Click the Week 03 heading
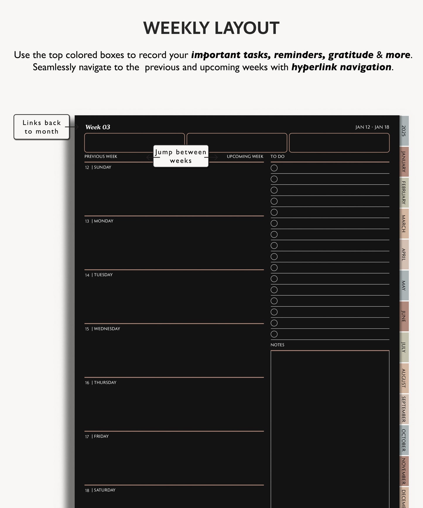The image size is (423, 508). click(x=98, y=127)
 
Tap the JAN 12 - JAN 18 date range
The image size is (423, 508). click(x=372, y=127)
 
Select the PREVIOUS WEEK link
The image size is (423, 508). click(x=101, y=156)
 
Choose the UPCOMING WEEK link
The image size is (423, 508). click(x=245, y=156)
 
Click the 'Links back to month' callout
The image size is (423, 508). click(x=42, y=127)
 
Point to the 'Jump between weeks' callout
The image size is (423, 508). click(x=181, y=156)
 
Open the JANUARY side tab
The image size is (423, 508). click(x=404, y=162)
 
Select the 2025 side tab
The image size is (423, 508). click(x=404, y=131)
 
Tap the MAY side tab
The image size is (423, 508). click(x=404, y=285)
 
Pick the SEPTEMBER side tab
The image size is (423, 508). click(x=404, y=409)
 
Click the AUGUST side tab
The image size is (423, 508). click(x=404, y=378)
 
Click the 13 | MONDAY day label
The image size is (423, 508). click(x=99, y=221)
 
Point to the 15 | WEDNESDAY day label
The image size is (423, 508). click(x=102, y=328)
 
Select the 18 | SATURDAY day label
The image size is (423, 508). click(x=100, y=490)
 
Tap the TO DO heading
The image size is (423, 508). click(x=277, y=156)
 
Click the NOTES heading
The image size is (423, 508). click(x=277, y=345)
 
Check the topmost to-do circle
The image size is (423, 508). click(x=274, y=168)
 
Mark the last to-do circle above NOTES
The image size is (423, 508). click(x=274, y=334)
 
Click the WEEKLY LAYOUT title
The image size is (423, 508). click(x=211, y=28)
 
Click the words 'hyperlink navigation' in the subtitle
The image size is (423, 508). click(x=341, y=67)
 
